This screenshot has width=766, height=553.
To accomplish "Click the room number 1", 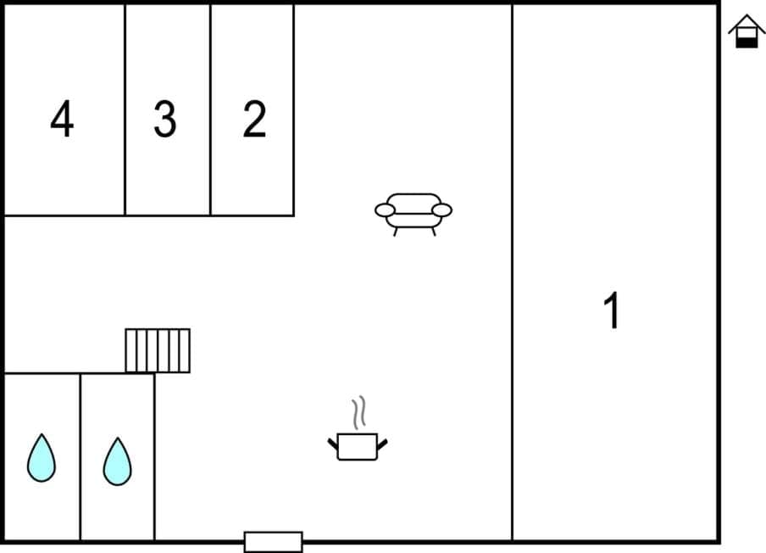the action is (x=611, y=310).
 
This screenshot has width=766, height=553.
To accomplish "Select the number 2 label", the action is (x=254, y=120).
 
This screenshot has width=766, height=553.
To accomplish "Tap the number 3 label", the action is (x=164, y=120).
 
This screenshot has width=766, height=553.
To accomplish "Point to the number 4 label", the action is (x=62, y=120).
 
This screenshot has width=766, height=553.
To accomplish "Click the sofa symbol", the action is (x=414, y=212).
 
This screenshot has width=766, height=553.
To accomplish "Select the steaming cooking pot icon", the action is (x=358, y=444).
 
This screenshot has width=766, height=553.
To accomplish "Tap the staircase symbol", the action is (x=158, y=350).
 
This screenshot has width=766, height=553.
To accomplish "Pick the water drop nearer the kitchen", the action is (x=118, y=461).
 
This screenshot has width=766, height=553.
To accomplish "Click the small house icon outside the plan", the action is (x=747, y=31).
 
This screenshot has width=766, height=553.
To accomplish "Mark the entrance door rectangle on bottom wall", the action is (x=273, y=541).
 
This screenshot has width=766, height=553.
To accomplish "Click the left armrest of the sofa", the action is (x=386, y=209).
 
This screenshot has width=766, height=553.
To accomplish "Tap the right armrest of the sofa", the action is (x=441, y=209).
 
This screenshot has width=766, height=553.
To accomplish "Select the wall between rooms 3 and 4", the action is (x=125, y=110).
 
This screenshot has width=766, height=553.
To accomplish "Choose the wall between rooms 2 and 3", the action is (x=210, y=110).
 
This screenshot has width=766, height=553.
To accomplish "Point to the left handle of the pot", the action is (x=333, y=443).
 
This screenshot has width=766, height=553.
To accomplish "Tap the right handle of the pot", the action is (x=382, y=443).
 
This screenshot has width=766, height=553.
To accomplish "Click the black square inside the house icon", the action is (x=747, y=40).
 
